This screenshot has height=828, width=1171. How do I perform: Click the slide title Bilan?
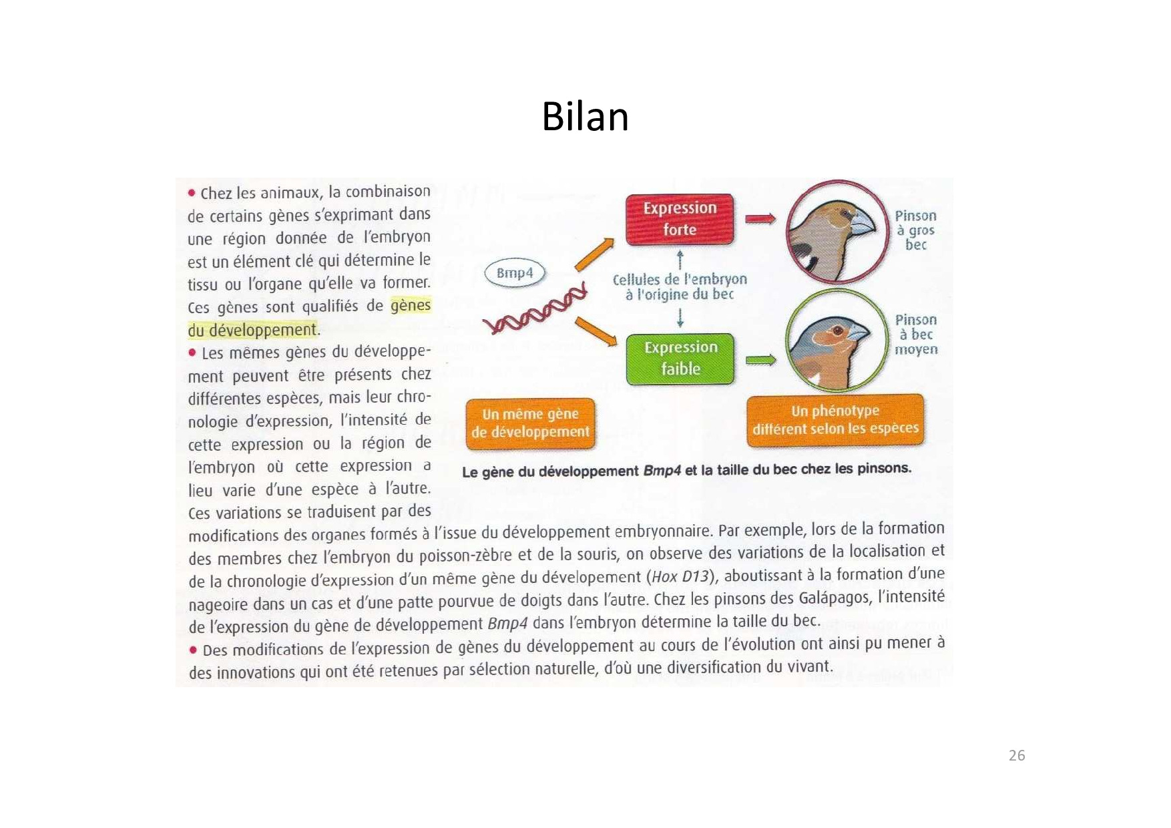click(585, 117)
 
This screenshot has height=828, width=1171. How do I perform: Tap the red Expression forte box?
click(680, 219)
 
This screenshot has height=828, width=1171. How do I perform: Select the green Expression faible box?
click(680, 359)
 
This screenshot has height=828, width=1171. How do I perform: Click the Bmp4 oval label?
click(515, 273)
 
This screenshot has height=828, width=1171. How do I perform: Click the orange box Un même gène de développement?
click(530, 423)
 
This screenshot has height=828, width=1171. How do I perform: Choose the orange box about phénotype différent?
click(836, 420)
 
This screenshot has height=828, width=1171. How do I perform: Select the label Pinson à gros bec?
click(916, 230)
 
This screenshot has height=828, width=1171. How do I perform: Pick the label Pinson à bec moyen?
click(916, 335)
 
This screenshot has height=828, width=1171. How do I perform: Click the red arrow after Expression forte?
click(760, 219)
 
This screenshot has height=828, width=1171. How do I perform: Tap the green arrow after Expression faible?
click(760, 360)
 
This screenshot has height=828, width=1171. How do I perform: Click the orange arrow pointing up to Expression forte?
click(594, 254)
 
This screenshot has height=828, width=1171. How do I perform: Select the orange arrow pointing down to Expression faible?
click(596, 332)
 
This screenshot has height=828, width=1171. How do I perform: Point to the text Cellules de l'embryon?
click(680, 279)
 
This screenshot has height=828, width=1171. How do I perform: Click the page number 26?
click(1017, 755)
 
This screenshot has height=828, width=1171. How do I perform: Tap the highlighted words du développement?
click(252, 330)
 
